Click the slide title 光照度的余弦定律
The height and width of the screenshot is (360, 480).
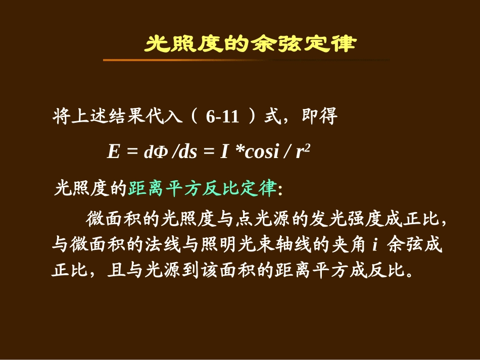pos(250,44)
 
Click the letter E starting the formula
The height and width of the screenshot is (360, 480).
pos(113,152)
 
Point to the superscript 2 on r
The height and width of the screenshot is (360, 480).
pos(306,146)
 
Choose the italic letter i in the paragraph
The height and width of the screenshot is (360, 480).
pos(375,245)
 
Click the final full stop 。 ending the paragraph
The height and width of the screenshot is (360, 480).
pos(409,273)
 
